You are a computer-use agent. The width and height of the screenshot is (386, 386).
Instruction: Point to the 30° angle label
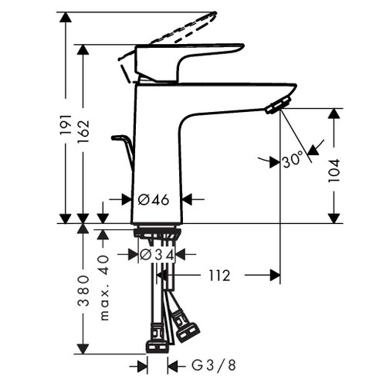pyautogui.click(x=293, y=161)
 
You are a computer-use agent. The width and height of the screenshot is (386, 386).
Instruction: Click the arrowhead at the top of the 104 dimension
pyautogui.click(x=334, y=114)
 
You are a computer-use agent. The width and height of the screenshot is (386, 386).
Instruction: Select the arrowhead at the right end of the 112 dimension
pyautogui.click(x=273, y=275)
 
